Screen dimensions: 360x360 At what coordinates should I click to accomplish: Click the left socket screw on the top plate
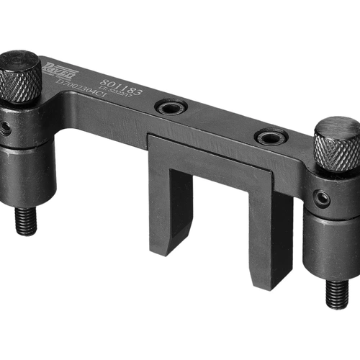click(x=171, y=109)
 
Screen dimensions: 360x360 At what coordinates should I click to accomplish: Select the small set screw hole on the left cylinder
click(x=6, y=128)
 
